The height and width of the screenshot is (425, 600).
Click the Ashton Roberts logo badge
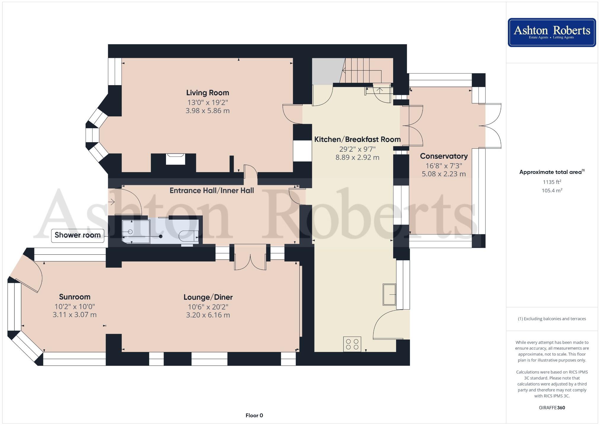(552, 32)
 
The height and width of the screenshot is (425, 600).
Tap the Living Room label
(208, 93)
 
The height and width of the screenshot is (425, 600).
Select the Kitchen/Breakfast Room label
(357, 139)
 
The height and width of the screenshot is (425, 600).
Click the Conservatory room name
(444, 156)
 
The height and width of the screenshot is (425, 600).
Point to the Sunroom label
(75, 297)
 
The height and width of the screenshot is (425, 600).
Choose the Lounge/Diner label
(208, 297)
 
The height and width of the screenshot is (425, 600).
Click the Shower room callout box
(78, 235)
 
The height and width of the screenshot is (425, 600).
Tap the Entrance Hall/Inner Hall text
(212, 191)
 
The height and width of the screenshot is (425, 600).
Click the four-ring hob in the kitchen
(352, 344)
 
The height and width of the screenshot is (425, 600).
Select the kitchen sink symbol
(389, 295)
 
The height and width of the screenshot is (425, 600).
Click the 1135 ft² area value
(552, 182)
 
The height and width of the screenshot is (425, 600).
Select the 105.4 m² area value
(552, 191)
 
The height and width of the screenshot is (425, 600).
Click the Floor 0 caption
(254, 416)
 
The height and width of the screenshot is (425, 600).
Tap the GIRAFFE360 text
(552, 408)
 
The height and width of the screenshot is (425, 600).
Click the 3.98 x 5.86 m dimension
(208, 111)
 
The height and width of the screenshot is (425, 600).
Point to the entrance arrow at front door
(111, 202)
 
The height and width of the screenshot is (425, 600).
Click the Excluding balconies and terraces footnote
(552, 319)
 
